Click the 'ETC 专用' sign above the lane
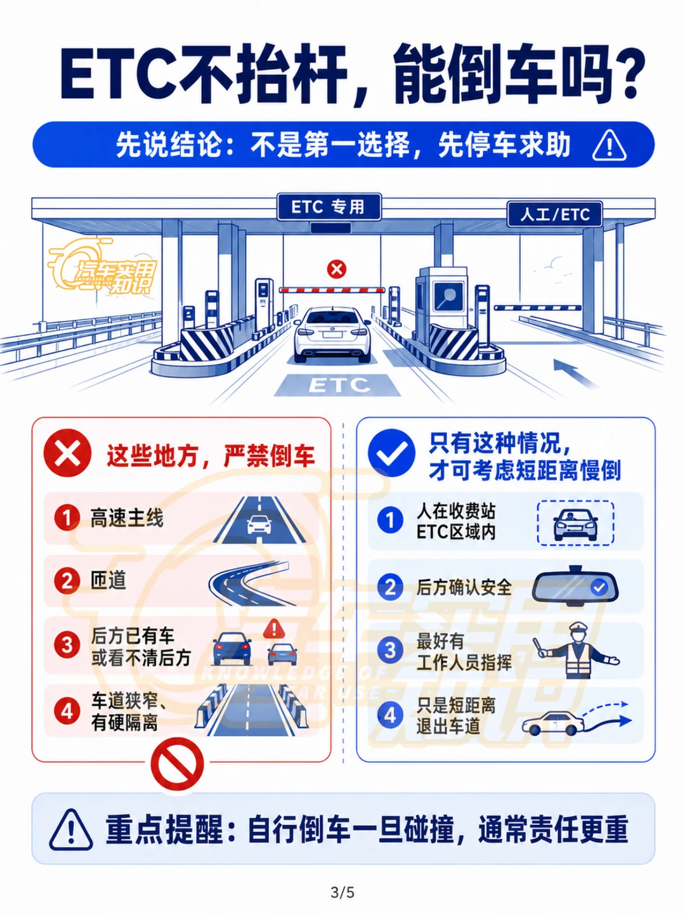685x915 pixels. pyautogui.click(x=329, y=207)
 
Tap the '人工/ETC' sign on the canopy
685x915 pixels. pyautogui.click(x=554, y=214)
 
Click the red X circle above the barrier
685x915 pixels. pyautogui.click(x=337, y=269)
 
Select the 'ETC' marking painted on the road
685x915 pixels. pyautogui.click(x=339, y=385)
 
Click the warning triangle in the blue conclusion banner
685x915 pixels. pyautogui.click(x=609, y=145)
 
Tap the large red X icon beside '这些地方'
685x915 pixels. pyautogui.click(x=67, y=453)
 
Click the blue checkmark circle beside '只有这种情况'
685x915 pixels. pyautogui.click(x=391, y=453)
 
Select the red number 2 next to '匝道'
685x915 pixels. pyautogui.click(x=67, y=581)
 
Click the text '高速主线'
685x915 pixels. pyautogui.click(x=127, y=518)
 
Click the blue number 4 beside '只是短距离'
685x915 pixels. pyautogui.click(x=390, y=715)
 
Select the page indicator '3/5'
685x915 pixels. pyautogui.click(x=342, y=893)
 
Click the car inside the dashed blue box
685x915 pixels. pyautogui.click(x=575, y=525)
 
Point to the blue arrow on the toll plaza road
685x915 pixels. pyautogui.click(x=575, y=373)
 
